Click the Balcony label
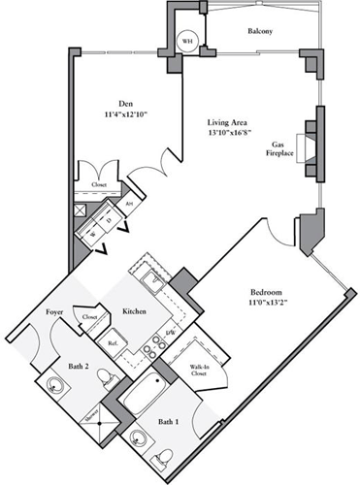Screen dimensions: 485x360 point(259,32)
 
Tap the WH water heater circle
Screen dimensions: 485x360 point(187,42)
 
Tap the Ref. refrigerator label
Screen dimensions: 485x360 point(112,342)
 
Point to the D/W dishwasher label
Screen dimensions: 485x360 point(172,333)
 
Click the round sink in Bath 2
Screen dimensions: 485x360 point(54,391)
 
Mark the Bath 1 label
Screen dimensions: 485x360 point(168,423)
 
